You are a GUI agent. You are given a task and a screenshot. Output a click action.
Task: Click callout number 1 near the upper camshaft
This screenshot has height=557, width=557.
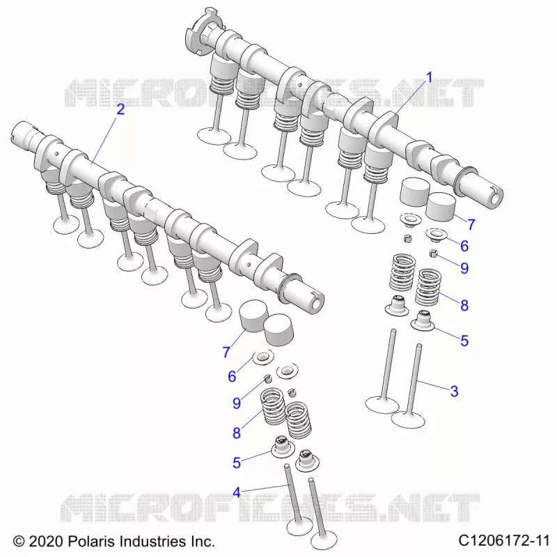(429, 77)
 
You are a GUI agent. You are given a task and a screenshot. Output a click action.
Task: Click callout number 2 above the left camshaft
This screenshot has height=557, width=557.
(120, 109)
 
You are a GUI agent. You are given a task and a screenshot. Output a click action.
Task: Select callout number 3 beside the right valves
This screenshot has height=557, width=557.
(454, 391)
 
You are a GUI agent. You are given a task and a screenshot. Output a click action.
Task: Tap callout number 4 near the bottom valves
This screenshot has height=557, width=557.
(237, 492)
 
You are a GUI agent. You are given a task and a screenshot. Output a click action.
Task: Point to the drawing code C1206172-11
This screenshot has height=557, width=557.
(504, 541)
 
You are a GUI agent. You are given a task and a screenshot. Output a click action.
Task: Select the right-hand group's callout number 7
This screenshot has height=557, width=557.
(471, 224)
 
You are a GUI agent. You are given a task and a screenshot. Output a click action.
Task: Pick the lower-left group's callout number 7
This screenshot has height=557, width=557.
(226, 352)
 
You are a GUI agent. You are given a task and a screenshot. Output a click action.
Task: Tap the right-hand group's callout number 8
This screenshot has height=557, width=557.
(464, 305)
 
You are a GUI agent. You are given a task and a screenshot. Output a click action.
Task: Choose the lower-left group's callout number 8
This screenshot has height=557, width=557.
(237, 433)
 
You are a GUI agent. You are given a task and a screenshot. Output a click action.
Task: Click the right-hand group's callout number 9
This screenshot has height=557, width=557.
(464, 268)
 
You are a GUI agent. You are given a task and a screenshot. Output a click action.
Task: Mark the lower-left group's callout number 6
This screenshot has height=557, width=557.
(232, 376)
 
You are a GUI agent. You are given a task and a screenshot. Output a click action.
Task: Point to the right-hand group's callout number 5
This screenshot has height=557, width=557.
(464, 340)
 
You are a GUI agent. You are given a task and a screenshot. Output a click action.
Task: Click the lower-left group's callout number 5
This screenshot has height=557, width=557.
(237, 462)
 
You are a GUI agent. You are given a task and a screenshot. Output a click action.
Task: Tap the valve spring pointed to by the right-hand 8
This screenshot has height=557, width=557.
(428, 287)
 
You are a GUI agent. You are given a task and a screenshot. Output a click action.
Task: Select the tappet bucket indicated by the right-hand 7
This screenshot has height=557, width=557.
(441, 207)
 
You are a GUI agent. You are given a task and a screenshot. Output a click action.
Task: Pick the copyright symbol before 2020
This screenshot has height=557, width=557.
(19, 542)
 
